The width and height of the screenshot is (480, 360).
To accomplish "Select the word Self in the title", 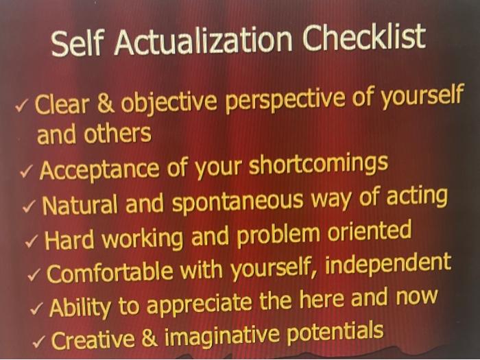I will pyautogui.click(x=77, y=47).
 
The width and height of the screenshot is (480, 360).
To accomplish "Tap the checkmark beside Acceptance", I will pyautogui.click(x=27, y=171).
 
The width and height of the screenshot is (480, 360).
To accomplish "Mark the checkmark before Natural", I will pyautogui.click(x=31, y=206).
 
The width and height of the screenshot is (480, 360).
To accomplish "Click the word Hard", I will pyautogui.click(x=71, y=239).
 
